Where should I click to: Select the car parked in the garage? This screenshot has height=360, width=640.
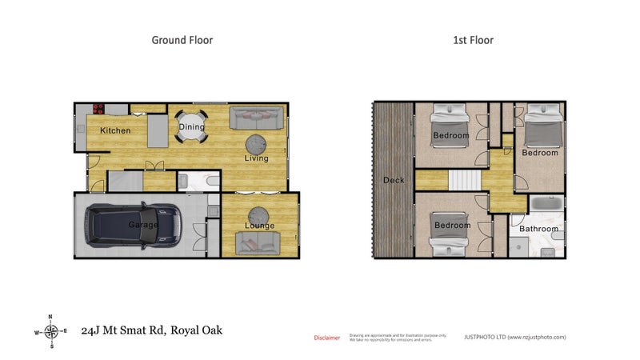(134, 225)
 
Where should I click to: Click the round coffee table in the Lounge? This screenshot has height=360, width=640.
(258, 214)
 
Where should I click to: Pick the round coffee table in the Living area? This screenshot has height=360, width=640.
(256, 144)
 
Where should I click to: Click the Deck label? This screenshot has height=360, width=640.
(394, 180)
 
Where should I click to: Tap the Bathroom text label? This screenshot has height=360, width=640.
(538, 229)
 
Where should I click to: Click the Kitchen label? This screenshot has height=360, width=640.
(114, 130)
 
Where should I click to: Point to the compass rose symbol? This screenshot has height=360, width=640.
(51, 331)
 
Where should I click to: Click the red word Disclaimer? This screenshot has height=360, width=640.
(326, 338)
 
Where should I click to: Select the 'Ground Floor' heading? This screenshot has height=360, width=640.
(182, 39)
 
